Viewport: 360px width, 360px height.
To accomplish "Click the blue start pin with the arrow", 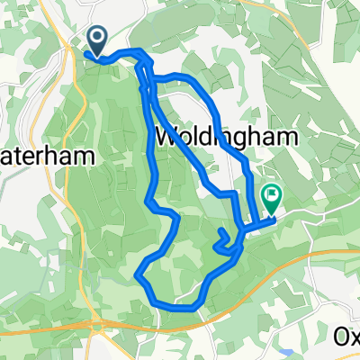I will pos(96,39).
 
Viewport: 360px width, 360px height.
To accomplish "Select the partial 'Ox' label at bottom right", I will pos(346,335).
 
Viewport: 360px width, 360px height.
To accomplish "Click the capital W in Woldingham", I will pos(167,138).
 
